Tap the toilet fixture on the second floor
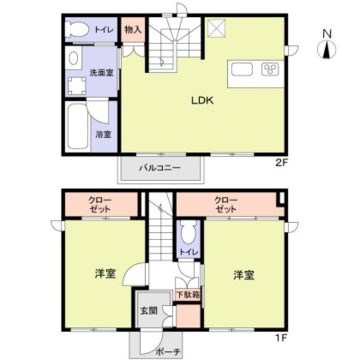pos(76,29)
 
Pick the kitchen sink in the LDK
pos(242,70)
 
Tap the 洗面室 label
pos(101,72)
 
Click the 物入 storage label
pos(133,29)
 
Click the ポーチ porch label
pos(167,353)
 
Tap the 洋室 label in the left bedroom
pos(106,274)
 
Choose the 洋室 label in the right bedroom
pos(244,275)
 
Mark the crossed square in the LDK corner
pos(215,28)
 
